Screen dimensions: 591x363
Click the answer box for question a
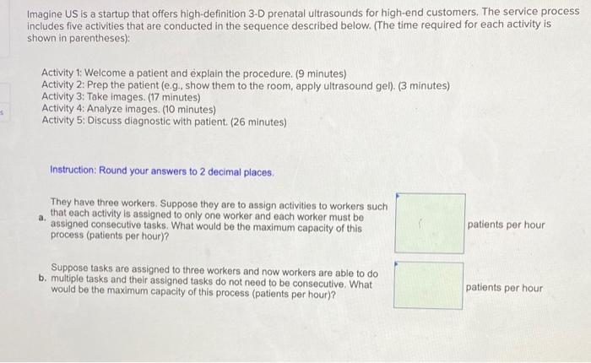tap(430, 223)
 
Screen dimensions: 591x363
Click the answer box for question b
tap(429, 285)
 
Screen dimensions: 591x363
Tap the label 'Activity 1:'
tap(62, 73)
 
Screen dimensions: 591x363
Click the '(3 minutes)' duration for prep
tap(424, 86)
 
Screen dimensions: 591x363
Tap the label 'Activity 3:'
tap(63, 97)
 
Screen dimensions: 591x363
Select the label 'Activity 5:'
tap(63, 121)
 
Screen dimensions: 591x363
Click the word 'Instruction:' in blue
tap(73, 170)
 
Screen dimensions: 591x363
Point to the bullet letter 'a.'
tap(42, 218)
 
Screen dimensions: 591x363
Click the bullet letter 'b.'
tap(42, 279)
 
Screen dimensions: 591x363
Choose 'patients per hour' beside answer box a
tap(506, 225)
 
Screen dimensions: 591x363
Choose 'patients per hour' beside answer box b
tap(504, 288)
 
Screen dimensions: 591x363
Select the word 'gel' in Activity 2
tap(384, 86)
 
